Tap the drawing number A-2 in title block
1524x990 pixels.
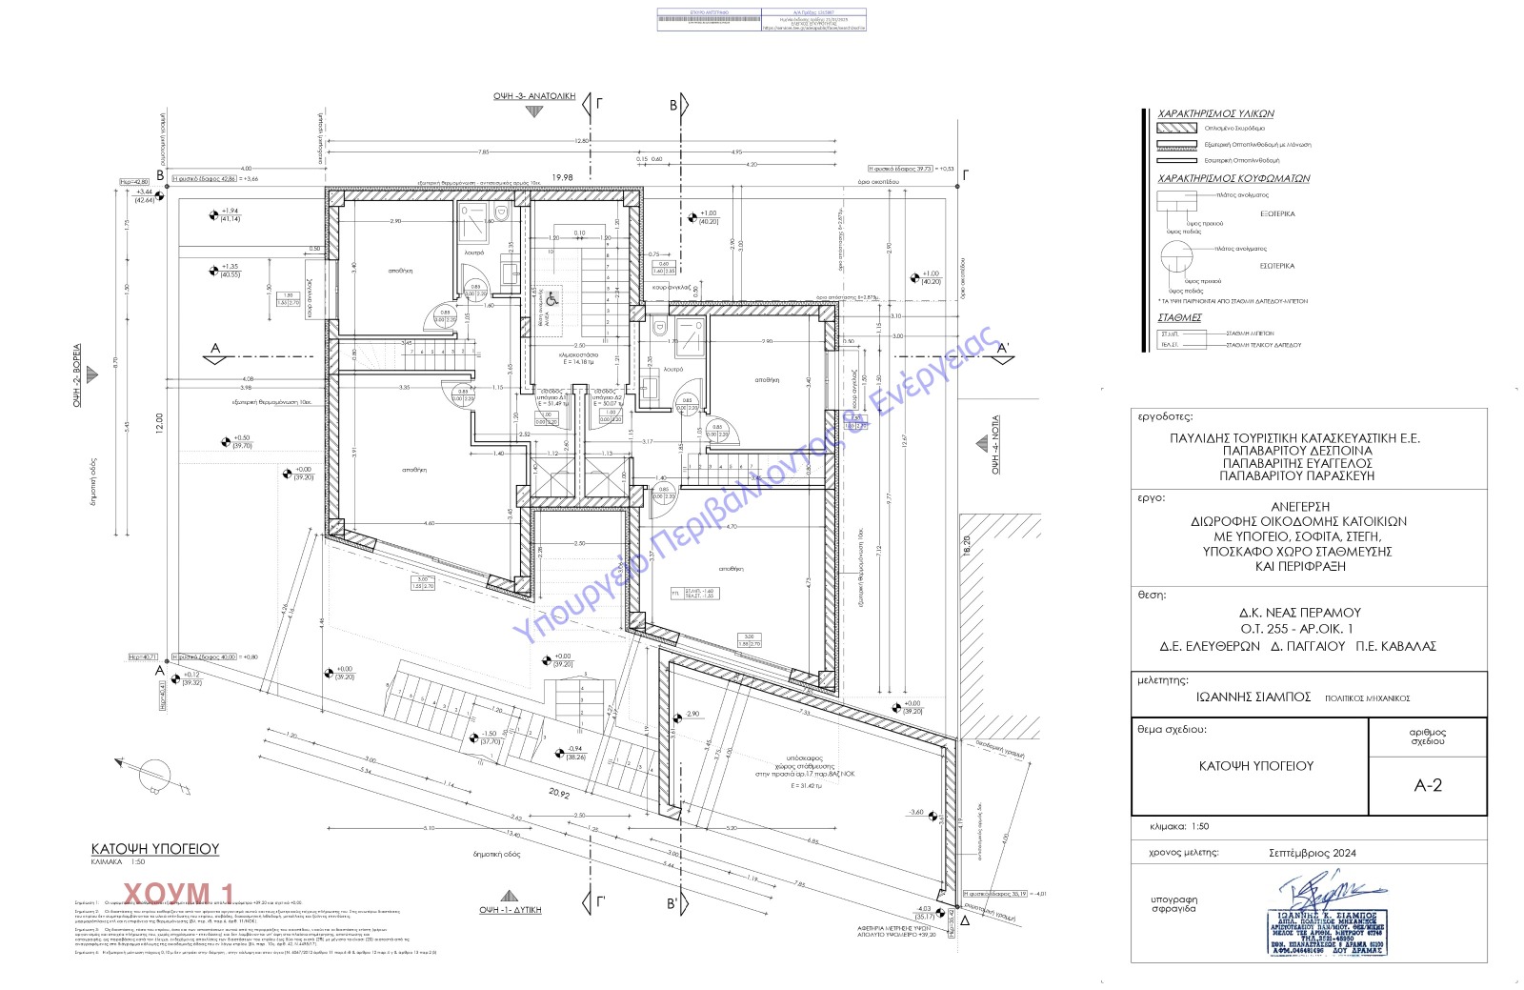point(1427,785)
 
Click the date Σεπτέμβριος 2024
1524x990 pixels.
point(1312,853)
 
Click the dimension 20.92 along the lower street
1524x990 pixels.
point(559,793)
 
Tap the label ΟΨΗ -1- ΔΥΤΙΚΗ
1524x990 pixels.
point(510,910)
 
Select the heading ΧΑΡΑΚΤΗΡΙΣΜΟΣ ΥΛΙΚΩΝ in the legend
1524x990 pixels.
point(1215,113)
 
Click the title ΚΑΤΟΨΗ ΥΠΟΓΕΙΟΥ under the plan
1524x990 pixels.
point(155,848)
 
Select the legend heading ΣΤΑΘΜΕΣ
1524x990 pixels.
point(1179,317)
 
